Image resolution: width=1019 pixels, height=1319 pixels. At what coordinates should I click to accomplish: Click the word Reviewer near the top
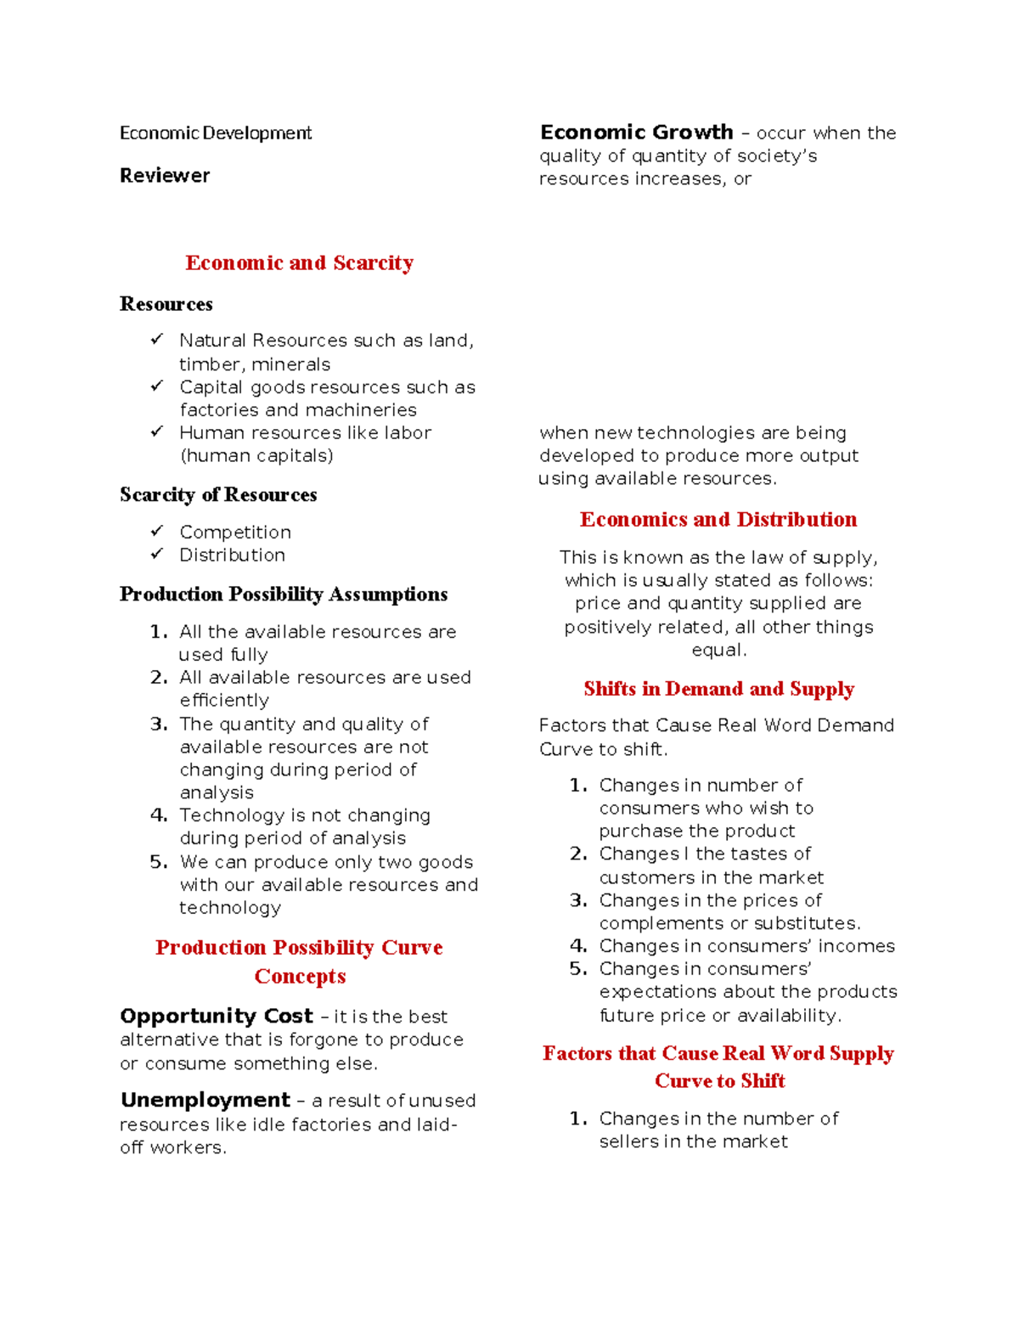[165, 176]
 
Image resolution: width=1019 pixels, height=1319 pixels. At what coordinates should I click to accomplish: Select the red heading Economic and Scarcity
[299, 263]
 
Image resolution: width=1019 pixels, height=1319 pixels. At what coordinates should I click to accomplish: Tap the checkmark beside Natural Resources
[157, 340]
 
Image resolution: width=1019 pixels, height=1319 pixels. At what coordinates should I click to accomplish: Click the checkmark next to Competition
[157, 531]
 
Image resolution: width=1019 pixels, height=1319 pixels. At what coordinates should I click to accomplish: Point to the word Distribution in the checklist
[232, 555]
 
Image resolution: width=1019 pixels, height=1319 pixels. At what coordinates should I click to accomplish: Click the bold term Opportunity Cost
[217, 1017]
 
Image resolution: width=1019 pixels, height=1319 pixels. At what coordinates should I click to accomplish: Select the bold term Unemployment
[205, 1101]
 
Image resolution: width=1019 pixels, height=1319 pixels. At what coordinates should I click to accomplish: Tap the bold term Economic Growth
[636, 132]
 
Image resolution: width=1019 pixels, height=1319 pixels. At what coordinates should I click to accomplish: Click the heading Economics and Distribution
[718, 520]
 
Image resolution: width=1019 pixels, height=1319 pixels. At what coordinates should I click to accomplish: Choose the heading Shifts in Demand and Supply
[718, 689]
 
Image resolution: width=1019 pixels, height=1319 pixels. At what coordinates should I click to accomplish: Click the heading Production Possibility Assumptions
[284, 595]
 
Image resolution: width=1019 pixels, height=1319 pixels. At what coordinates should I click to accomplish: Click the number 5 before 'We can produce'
[158, 862]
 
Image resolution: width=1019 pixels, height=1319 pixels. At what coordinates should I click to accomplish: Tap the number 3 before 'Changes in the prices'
[578, 900]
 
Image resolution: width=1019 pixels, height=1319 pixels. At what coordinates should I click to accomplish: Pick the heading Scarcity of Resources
[218, 495]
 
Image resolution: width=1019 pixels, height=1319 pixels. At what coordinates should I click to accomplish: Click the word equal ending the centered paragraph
[718, 651]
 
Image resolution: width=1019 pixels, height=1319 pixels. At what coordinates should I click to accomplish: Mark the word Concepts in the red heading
[300, 977]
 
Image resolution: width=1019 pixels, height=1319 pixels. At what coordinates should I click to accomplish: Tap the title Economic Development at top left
[216, 133]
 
